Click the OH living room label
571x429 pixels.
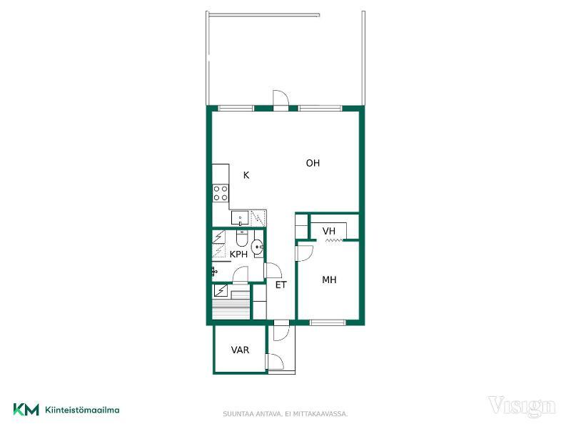[x=313, y=163]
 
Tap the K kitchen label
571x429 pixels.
[x=246, y=175]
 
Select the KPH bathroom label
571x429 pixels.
[x=238, y=255]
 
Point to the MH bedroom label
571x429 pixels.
[x=329, y=280]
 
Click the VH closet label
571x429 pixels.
[x=329, y=231]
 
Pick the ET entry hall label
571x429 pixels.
[x=281, y=285]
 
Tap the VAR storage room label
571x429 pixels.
[x=240, y=350]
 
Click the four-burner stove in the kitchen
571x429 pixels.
[x=221, y=193]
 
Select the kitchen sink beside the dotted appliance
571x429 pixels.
[x=240, y=218]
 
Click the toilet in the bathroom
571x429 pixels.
[x=242, y=237]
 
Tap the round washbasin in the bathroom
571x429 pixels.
[x=258, y=247]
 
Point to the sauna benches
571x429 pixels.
[x=231, y=306]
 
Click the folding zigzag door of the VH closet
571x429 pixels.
[x=334, y=240]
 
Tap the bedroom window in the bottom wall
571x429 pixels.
[x=328, y=322]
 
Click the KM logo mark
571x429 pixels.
[x=26, y=410]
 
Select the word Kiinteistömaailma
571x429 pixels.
[x=82, y=410]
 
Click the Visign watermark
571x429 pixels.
[x=522, y=405]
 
